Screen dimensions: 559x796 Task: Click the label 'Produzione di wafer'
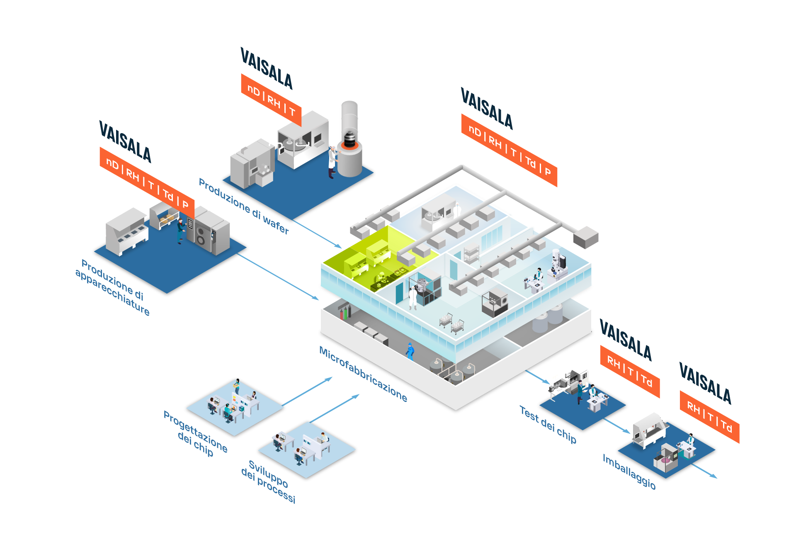coord(243,206)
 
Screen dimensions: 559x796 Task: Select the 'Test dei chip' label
coord(548,425)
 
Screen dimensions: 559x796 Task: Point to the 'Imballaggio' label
coord(629,472)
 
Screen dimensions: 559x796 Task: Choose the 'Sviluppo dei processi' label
coord(268,481)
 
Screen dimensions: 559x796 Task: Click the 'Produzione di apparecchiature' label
coord(112,287)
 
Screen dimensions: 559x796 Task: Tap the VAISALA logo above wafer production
coord(267,69)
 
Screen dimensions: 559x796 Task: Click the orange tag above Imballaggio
coord(709,416)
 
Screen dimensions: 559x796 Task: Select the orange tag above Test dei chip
coord(630,371)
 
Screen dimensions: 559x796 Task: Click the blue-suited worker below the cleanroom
coord(410,351)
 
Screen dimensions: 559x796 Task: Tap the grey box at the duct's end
coord(585,237)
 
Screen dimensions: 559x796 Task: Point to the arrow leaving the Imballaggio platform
coord(705,471)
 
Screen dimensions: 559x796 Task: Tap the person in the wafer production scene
coord(332,161)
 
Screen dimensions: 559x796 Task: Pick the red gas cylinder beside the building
coord(342,314)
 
